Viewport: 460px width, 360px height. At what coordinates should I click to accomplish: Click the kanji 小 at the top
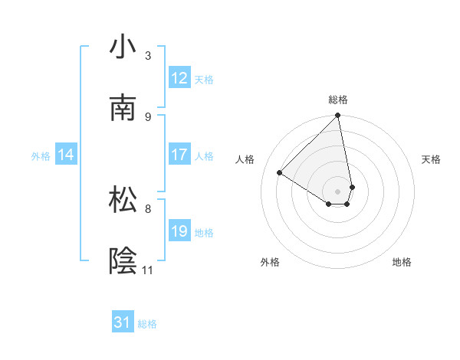123,47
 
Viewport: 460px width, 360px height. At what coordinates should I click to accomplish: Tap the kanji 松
123,199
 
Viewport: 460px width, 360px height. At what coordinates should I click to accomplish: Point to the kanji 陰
123,260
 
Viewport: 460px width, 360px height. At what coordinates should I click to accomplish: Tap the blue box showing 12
179,78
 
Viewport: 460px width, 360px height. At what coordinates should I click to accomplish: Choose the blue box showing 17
179,155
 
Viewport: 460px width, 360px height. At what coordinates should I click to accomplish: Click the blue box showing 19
179,231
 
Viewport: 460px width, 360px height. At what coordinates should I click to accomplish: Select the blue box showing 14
66,155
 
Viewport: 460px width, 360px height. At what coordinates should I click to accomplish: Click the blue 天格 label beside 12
204,79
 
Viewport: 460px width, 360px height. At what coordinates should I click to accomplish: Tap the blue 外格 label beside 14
41,155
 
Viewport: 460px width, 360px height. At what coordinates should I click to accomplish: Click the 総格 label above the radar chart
338,100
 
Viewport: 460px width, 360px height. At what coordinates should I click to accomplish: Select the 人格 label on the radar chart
245,159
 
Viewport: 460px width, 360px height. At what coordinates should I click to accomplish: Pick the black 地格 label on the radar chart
402,262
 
